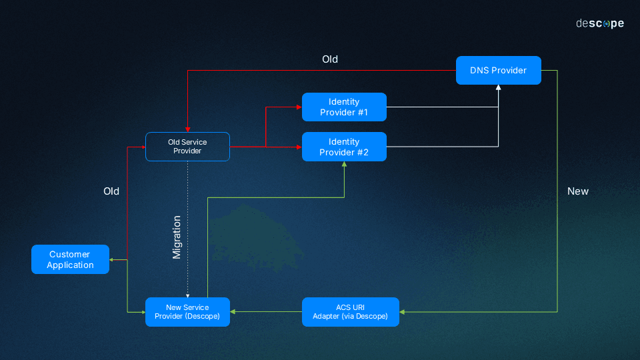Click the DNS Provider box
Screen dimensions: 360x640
point(498,71)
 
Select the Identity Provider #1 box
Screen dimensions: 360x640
point(344,107)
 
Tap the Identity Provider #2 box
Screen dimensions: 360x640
point(344,147)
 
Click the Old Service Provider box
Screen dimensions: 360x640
point(187,147)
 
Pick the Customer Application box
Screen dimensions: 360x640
point(70,259)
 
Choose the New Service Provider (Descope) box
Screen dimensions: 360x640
point(187,312)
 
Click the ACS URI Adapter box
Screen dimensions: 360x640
point(350,312)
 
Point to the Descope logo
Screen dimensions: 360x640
point(600,23)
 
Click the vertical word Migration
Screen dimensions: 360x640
point(177,237)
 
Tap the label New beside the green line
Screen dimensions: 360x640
point(578,191)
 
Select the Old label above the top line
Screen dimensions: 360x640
point(330,59)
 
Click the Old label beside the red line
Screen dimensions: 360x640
point(111,191)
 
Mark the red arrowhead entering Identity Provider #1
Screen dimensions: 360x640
point(299,107)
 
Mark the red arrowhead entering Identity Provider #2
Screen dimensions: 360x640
point(299,147)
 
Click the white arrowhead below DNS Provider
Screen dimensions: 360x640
point(498,88)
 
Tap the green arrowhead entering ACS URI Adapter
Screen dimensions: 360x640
point(403,312)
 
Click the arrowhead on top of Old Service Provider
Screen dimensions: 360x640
point(187,129)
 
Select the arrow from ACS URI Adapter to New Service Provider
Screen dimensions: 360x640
point(266,312)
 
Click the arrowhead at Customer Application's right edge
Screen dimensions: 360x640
point(112,259)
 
